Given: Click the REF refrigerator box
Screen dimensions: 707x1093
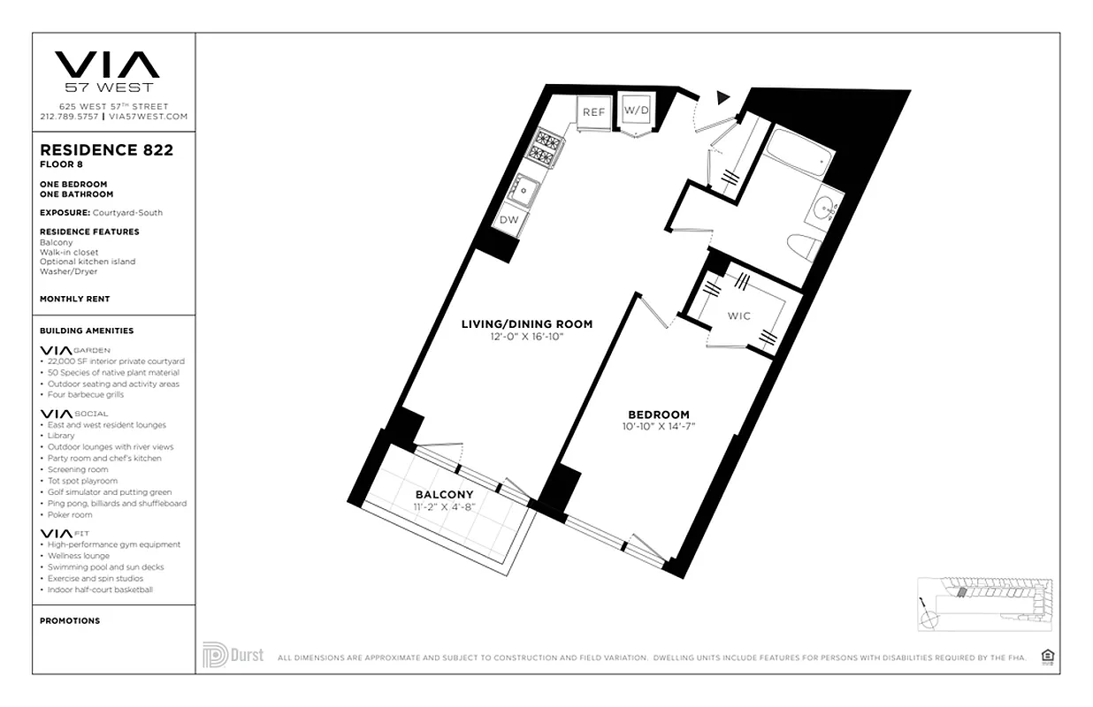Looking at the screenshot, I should [593, 112].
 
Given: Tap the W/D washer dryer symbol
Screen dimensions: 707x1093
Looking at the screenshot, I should [636, 110].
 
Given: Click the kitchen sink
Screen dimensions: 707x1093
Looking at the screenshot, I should [528, 188].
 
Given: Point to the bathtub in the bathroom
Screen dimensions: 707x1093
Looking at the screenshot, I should [799, 156].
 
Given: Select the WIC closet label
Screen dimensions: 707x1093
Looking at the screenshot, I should [739, 315].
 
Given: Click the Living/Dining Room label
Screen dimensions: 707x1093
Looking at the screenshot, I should [526, 324].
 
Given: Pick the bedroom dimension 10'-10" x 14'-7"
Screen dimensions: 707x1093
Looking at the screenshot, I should [658, 427].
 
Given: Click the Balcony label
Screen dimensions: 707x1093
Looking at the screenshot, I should [444, 494].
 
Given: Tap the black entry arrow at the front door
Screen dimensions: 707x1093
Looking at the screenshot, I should [724, 97].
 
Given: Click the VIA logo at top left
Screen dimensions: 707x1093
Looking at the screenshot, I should [107, 65].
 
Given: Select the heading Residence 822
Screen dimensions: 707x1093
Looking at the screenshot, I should [106, 150].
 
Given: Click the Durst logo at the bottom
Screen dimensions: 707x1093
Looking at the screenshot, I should [233, 655].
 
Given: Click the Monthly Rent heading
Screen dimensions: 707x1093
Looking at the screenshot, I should [74, 300].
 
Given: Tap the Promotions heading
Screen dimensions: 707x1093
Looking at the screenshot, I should [70, 620].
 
